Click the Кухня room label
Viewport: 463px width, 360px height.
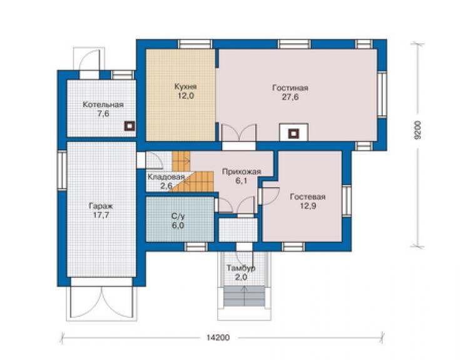[x=185, y=87]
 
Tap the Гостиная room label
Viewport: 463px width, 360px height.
[x=290, y=88]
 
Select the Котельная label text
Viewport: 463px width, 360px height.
[x=103, y=105]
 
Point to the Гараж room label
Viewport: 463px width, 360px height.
[x=101, y=206]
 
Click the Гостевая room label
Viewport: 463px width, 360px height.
[x=308, y=197]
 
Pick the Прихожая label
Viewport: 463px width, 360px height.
[x=242, y=172]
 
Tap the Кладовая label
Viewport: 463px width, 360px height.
[x=166, y=177]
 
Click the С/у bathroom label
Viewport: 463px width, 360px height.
[x=178, y=217]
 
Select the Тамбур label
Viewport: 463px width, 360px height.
[x=241, y=269]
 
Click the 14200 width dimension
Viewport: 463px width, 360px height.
[x=218, y=337]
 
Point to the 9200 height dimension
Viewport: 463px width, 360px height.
[x=417, y=130]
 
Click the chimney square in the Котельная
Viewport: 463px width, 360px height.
[x=130, y=126]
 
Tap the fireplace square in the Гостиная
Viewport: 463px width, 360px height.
[x=293, y=133]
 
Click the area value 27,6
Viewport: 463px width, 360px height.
[x=290, y=97]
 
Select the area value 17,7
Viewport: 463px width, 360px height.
[x=101, y=215]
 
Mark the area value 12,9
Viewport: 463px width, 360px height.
[x=308, y=206]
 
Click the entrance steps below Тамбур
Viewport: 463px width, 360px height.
[x=244, y=296]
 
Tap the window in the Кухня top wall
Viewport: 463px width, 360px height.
[x=195, y=44]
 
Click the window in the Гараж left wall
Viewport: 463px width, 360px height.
[x=62, y=170]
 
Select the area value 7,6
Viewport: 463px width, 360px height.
[x=103, y=114]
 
